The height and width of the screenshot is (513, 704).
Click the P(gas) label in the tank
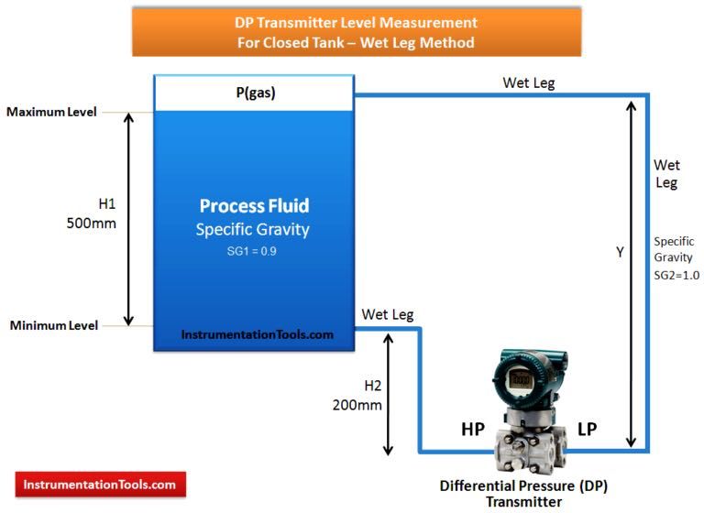[x=256, y=93]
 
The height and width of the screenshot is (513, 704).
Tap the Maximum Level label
[x=51, y=112]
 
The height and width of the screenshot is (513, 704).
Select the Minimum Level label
[x=54, y=325]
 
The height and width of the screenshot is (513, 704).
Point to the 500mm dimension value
[x=91, y=223]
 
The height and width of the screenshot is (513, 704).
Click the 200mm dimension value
[x=357, y=405]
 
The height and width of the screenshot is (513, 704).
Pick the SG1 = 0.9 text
[x=251, y=251]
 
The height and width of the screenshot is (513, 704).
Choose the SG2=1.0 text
[x=676, y=275]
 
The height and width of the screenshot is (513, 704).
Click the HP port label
[x=473, y=430]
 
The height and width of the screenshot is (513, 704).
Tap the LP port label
[x=587, y=429]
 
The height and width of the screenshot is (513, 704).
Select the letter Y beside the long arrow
[x=620, y=252]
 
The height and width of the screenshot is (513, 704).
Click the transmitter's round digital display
[x=521, y=379]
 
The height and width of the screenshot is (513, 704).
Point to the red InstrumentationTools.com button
[x=101, y=485]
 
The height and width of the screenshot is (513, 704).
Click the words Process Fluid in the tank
[x=254, y=206]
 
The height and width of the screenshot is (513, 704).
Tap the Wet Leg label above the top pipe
[x=528, y=83]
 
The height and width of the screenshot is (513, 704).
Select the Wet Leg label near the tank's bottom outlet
[x=388, y=314]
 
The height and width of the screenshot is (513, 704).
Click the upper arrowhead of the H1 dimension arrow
[x=128, y=115]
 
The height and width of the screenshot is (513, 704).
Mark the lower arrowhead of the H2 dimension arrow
[x=388, y=451]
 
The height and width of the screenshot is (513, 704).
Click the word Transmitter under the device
[x=523, y=502]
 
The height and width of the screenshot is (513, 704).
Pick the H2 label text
[x=373, y=386]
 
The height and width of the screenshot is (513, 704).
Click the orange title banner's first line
[x=356, y=22]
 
